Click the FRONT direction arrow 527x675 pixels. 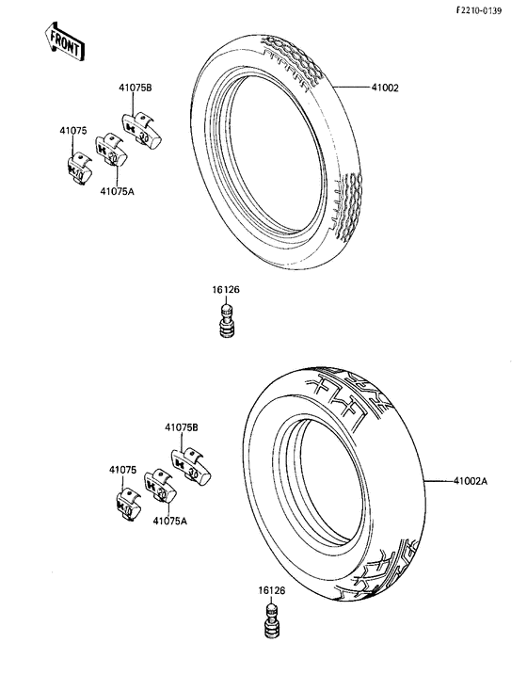65,40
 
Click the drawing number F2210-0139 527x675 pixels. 479,10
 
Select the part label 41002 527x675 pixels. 385,88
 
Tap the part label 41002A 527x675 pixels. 470,481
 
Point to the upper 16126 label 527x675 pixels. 226,290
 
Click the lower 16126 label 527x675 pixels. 271,590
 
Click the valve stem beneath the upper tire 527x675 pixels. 227,321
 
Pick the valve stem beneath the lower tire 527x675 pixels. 273,620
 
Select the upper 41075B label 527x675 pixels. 136,88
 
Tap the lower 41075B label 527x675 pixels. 182,428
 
